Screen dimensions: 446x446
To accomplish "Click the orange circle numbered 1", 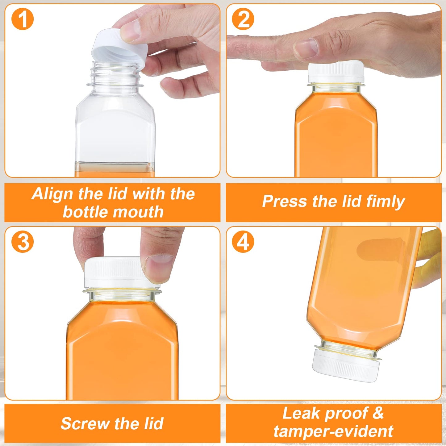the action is pos(23,19).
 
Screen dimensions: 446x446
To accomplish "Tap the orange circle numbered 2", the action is pos(243,19).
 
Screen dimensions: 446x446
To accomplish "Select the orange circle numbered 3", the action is pos(23,242).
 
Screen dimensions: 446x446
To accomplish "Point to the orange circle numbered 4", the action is pos(243,242).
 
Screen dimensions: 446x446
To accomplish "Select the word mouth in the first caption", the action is pos(141,212).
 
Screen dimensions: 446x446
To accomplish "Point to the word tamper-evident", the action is pos(333,431).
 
